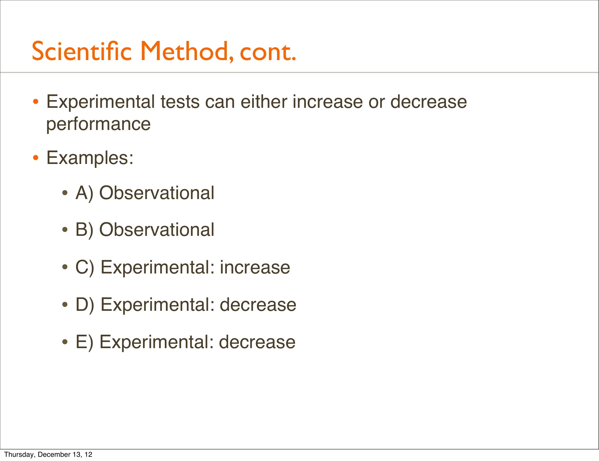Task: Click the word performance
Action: [99, 124]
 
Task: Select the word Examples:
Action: [90, 158]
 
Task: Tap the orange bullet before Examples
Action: [35, 158]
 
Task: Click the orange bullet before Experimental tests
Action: [35, 102]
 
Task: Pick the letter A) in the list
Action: [84, 193]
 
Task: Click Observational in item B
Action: [157, 230]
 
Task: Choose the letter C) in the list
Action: [85, 267]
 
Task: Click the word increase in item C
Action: [255, 267]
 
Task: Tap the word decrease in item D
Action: [258, 304]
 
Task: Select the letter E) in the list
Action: [84, 342]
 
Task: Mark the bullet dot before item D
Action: [65, 305]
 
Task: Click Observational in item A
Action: [157, 193]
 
